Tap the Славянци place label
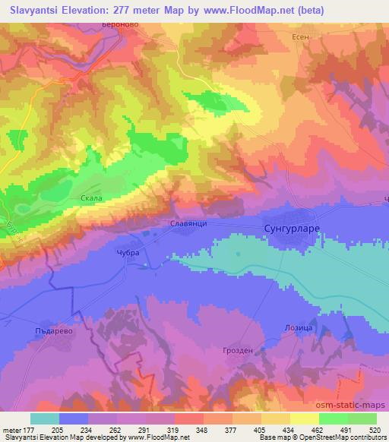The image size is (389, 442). click(185, 224)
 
